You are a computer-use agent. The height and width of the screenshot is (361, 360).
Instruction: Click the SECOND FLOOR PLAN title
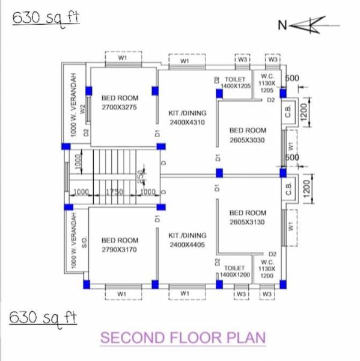[183, 338]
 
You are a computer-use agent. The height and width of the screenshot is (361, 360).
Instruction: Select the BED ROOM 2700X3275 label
[120, 102]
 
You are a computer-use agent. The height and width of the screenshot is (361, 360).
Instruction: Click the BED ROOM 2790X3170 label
[120, 244]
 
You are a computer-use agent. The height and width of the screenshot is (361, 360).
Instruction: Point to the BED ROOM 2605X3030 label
[247, 135]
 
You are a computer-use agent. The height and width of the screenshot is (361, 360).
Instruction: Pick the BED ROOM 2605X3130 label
[247, 217]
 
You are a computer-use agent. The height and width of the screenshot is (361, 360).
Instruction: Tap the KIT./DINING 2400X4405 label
[187, 239]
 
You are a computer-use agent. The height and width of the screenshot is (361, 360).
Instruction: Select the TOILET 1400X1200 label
[234, 271]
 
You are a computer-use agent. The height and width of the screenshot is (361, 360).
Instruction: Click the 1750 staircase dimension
[114, 192]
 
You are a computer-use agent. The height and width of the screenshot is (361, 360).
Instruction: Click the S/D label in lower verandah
[85, 243]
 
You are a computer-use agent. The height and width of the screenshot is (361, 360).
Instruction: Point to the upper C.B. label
[288, 113]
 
